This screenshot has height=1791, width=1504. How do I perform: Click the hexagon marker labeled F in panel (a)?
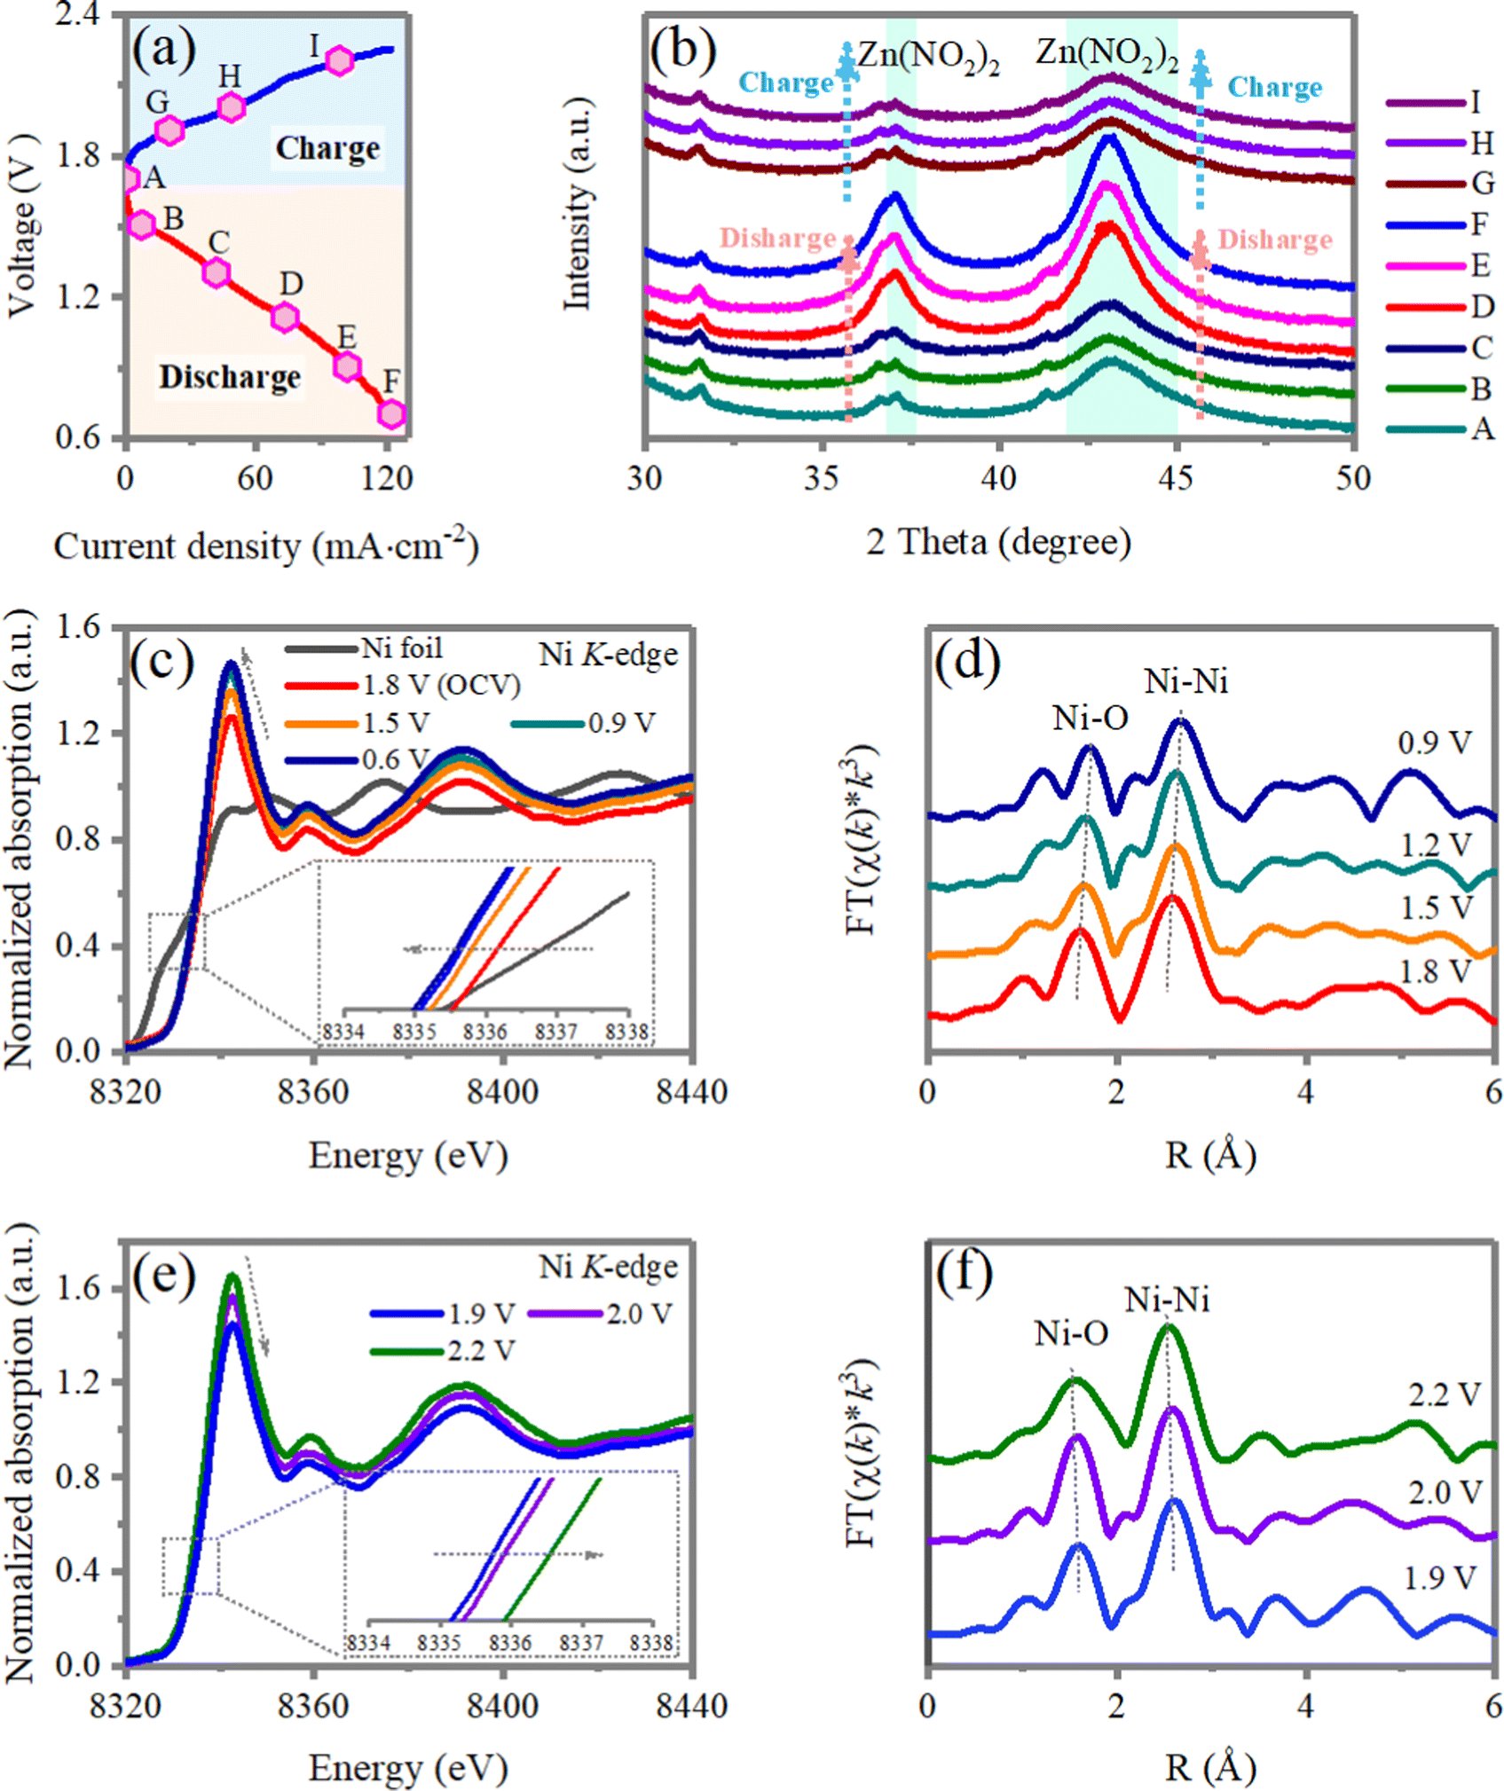[x=391, y=413]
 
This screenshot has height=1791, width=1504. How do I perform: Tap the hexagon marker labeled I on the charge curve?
[x=339, y=60]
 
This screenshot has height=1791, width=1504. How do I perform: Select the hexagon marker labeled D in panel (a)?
[x=285, y=317]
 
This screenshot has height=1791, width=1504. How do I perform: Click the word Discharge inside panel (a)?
[x=230, y=377]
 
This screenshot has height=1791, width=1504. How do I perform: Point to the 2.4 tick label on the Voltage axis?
[x=78, y=16]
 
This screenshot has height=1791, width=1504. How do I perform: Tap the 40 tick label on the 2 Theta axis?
[x=998, y=478]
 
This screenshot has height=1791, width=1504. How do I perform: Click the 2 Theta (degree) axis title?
[x=998, y=541]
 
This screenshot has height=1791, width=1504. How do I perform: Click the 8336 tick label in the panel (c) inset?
[x=484, y=1032]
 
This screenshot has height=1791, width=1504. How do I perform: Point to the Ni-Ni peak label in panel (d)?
[x=1185, y=681]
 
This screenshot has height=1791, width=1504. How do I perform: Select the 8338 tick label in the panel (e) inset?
[x=651, y=1643]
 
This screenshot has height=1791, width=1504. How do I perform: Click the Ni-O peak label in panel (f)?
[x=1070, y=1333]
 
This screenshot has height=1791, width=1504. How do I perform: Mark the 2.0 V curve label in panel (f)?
[x=1445, y=1493]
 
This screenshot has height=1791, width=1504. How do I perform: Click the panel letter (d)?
[x=967, y=661]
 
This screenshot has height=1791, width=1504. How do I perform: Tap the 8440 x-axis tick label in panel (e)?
[x=691, y=1706]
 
